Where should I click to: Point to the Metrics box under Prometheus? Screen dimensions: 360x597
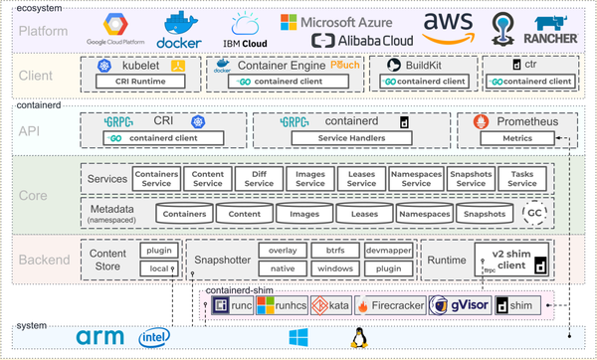tap(515, 138)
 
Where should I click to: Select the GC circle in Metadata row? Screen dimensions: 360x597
tap(535, 214)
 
